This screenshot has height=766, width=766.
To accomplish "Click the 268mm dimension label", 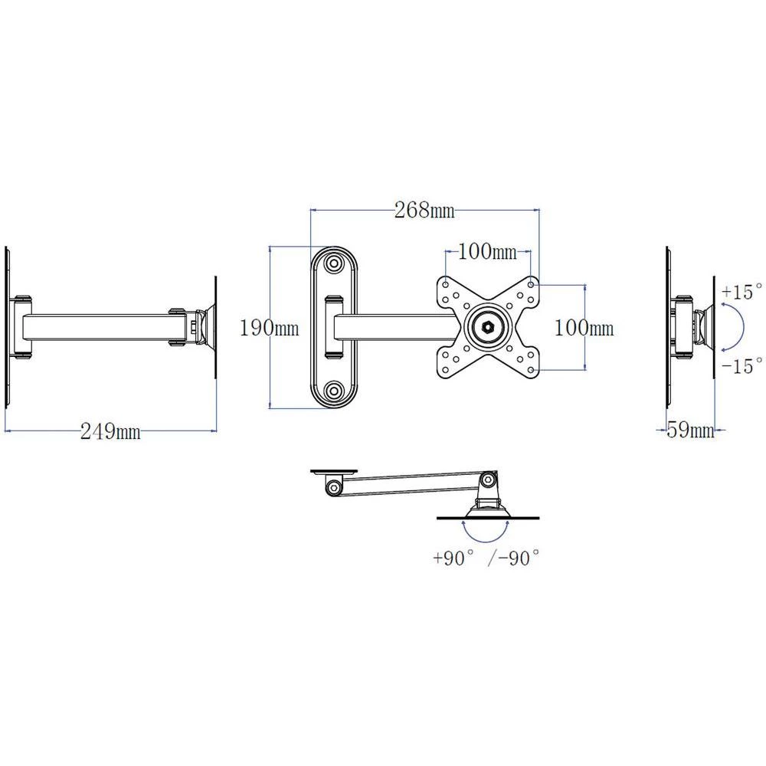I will (x=424, y=210).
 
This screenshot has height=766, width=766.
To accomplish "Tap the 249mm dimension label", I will (x=111, y=432).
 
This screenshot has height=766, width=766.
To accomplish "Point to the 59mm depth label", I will (x=690, y=430).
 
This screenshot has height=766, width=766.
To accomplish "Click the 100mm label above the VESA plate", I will (x=487, y=251).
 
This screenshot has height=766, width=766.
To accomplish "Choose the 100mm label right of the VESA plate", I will (x=584, y=328).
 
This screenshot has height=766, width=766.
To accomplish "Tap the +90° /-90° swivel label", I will (x=486, y=558).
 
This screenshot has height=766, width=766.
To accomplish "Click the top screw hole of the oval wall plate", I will (x=333, y=264).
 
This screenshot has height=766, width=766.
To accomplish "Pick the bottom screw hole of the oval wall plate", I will (x=333, y=391).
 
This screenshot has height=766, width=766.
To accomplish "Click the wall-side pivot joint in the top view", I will (x=333, y=486).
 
